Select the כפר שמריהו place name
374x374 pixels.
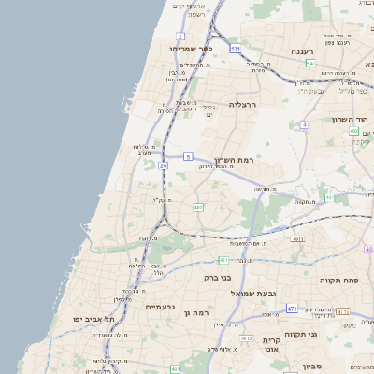point(191,48)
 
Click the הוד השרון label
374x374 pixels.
point(351,120)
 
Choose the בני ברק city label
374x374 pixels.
point(218,277)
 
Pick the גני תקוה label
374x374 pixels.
point(325,334)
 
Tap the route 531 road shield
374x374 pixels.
point(236,48)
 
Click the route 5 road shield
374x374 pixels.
point(188,156)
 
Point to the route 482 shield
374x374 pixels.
point(198,207)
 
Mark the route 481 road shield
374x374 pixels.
point(223,259)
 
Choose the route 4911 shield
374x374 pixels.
point(297,239)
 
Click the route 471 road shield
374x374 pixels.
point(293,309)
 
